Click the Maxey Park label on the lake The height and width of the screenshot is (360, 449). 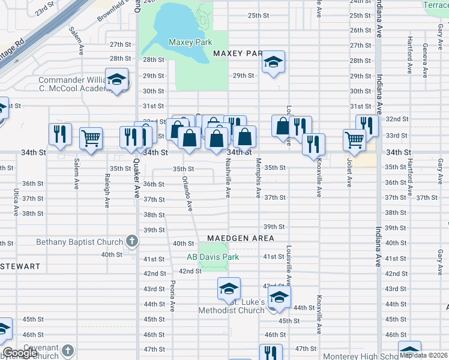pos(190,43)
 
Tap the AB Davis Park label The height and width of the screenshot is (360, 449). pos(212,257)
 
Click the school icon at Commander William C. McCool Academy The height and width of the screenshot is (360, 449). pos(116,80)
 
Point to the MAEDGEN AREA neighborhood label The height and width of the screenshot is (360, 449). pos(241,238)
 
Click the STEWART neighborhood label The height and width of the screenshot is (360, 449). pos(20,266)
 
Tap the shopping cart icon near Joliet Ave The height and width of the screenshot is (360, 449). pos(354,140)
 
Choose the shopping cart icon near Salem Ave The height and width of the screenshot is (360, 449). pos(90,139)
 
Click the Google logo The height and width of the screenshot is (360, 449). pos(20,353)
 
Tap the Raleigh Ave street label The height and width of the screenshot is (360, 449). pos(107,191)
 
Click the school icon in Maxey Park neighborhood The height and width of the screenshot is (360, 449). pos(273,62)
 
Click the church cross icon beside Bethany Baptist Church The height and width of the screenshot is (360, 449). pos(131,242)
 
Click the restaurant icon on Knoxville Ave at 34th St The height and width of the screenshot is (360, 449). pos(313,144)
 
